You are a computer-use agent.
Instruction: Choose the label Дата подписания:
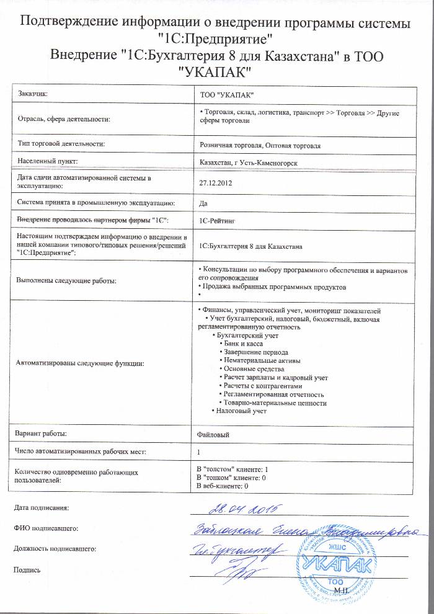coord(41,509)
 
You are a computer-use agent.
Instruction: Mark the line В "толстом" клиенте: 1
coord(231,469)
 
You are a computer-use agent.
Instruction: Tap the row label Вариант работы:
coord(42,434)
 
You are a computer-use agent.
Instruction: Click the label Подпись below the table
coord(27,569)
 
